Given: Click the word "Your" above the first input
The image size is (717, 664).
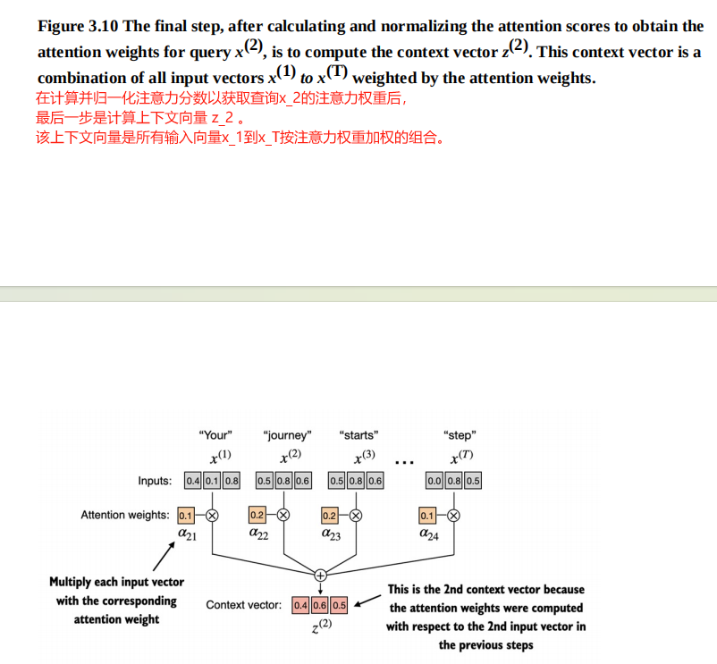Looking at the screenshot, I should pos(215,435).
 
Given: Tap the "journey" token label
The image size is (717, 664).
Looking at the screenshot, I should pos(287,435).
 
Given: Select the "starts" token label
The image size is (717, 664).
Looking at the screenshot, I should pos(358,435).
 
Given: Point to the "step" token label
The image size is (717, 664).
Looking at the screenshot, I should pos(460,435).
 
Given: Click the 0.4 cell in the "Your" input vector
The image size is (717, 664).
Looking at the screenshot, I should pos(192,481).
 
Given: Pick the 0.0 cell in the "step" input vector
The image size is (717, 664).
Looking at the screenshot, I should pos(434,481).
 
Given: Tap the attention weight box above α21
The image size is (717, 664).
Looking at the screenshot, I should pos(186,515).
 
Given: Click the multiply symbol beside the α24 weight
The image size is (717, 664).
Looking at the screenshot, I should pos(453,515).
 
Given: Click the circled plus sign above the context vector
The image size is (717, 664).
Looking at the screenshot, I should pos(319,575).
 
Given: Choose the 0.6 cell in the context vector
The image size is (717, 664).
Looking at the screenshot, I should pos(320,605).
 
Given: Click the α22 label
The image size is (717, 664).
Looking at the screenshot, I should pos(259,534).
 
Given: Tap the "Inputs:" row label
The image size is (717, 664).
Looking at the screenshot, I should pos(155,481).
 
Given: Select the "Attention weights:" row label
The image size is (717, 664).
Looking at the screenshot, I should pos(124,515).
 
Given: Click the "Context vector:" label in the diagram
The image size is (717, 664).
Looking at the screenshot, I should pos(244,605).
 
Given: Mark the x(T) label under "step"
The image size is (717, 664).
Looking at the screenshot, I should pos(461,458).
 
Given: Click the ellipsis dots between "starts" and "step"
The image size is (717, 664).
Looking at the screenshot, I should pos(404,463).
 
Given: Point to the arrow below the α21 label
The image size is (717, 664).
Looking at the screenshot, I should pos(163,559).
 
